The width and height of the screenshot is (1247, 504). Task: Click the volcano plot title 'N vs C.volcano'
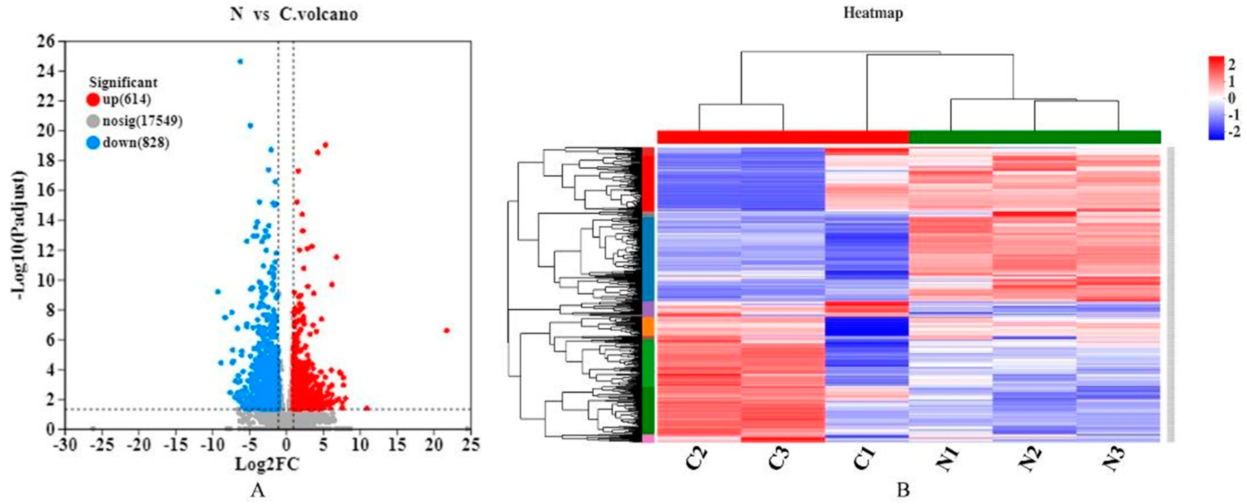294,15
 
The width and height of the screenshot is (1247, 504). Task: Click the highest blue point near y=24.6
240,61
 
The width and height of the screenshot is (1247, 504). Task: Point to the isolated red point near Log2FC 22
447,330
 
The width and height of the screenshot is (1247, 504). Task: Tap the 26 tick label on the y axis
47,42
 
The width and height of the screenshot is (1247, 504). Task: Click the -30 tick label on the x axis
66,445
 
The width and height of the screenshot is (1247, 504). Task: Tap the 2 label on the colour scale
1232,64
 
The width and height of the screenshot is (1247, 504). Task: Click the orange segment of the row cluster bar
648,327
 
